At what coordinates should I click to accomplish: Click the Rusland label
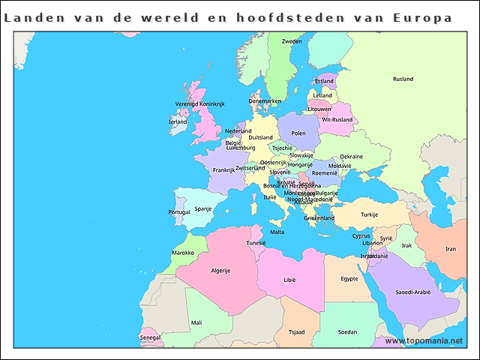point(403,79)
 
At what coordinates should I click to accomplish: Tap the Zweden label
point(292,42)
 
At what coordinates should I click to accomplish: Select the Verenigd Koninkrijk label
point(200,103)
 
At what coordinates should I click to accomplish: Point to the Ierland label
point(178,121)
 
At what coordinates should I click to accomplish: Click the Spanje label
point(203,209)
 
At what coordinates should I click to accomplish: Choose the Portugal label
point(179,212)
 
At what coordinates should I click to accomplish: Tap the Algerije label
point(220,271)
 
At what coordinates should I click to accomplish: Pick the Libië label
point(290,280)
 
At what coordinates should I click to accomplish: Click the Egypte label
point(349,279)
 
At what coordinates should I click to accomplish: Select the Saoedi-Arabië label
point(412,292)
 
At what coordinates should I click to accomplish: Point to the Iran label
point(450,249)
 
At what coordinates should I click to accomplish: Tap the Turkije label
point(369,214)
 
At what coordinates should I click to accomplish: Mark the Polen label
point(298,133)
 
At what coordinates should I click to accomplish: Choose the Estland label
point(324,81)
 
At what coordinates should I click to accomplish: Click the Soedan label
point(347,331)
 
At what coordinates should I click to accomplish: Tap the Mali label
point(196,322)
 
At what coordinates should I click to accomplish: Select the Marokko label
point(184,253)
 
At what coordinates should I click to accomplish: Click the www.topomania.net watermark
point(424,341)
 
